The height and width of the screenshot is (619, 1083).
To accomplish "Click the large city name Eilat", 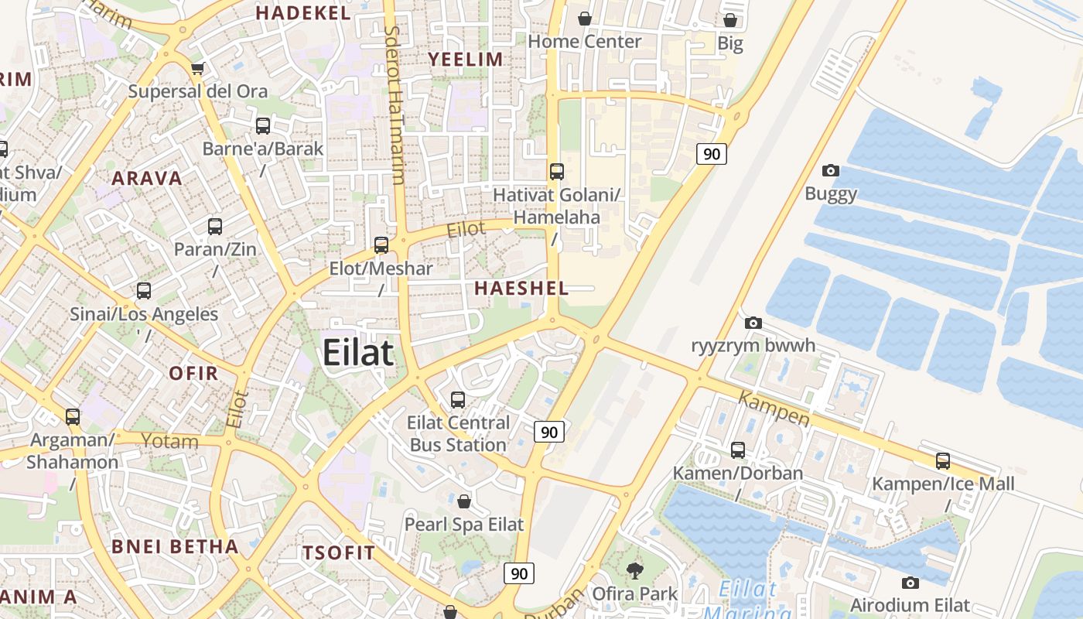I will pos(358,353).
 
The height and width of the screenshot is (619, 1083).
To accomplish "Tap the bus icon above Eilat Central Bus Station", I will pos(458,400).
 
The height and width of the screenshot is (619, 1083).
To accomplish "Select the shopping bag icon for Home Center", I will pos(585,18).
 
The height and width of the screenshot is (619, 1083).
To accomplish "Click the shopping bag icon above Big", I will pos(730,20).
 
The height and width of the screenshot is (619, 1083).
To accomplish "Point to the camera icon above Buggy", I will pos(831,170).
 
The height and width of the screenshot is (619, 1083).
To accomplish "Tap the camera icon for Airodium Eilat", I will pos(910,583).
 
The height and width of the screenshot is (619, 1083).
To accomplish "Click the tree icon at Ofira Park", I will pos(635,571).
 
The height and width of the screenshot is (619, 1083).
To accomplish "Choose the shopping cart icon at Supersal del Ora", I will pos(198,68).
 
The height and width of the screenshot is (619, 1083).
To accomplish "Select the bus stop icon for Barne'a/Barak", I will pos(263,125).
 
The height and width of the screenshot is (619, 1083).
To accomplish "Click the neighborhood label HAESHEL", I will pos(521,289).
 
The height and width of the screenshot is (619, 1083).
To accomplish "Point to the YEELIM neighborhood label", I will pos(466,59).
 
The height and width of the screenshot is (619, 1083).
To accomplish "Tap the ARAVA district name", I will pos(147,179).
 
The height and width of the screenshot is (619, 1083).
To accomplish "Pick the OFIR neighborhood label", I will pos(193,373).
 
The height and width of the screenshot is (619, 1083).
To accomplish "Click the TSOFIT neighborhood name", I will pos(339,552).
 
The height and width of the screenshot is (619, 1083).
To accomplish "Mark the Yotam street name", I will pos(170,442).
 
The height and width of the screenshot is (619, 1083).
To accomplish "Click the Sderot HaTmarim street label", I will pos(395,104).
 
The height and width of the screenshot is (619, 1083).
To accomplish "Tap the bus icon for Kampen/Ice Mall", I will pos(943,461).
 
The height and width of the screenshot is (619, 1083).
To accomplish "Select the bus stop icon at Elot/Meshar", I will pos(381,245).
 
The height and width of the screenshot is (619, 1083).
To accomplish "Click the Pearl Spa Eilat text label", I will pos(464,524).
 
